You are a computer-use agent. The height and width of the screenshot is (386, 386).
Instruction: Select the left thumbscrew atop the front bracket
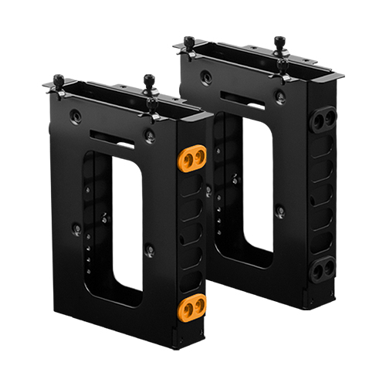(x=59, y=81)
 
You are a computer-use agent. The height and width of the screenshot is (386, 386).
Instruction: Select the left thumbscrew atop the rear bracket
(x=189, y=40)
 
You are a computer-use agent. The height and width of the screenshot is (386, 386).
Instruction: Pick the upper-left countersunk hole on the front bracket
(x=76, y=115)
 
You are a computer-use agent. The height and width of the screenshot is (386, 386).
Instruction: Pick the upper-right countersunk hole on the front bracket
(x=150, y=137)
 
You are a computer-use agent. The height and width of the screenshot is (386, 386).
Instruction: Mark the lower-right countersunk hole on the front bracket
(x=149, y=250)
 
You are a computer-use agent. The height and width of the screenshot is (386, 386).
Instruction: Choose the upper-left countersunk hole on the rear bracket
(x=205, y=76)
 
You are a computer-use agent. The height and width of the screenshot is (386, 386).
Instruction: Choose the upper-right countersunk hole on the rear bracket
(x=280, y=97)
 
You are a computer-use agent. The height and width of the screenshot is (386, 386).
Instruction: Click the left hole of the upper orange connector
(x=186, y=157)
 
